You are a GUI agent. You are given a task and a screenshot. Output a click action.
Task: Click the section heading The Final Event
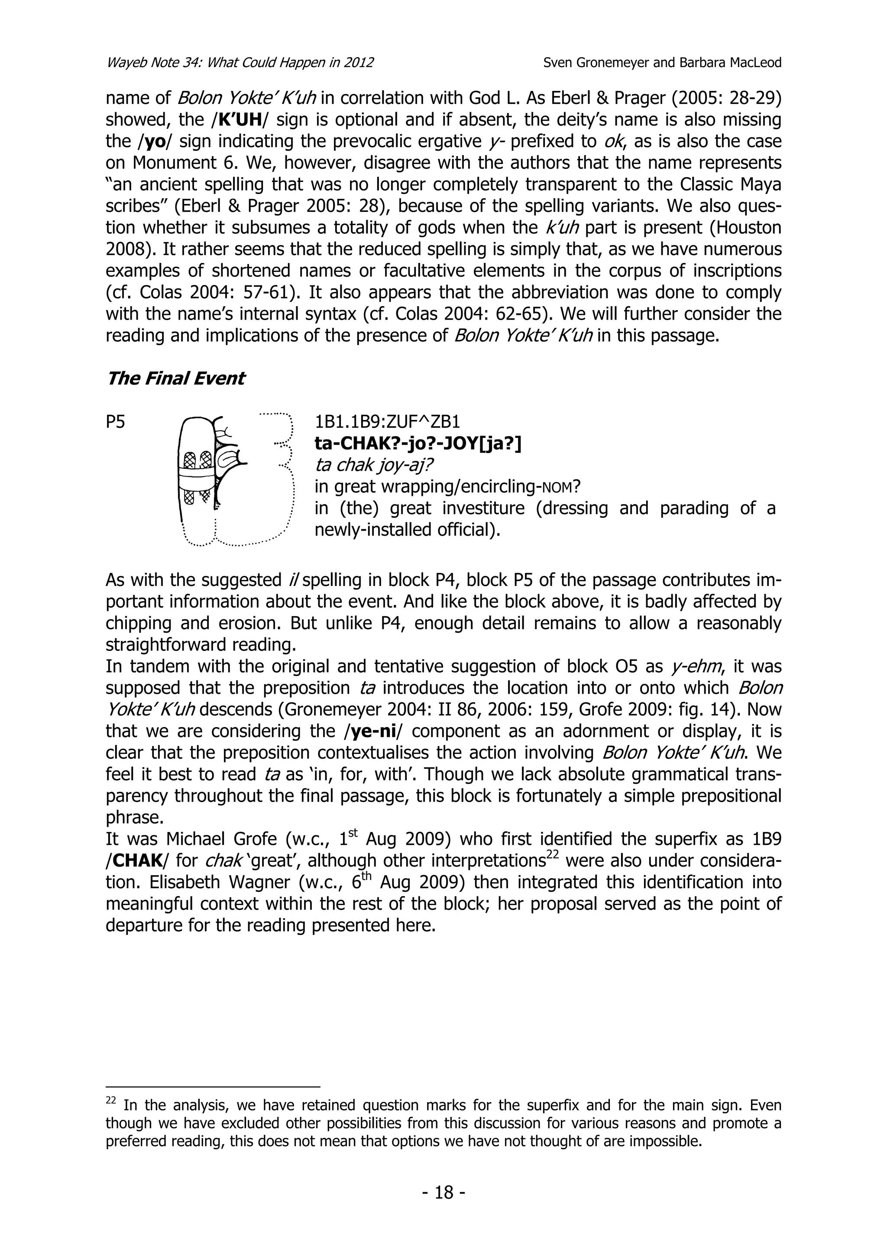[x=175, y=378]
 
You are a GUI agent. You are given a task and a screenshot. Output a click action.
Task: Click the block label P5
[x=115, y=422]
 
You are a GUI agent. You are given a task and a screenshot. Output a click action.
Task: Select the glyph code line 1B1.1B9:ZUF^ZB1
[x=388, y=422]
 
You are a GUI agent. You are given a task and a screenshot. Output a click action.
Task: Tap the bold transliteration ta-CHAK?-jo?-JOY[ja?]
[x=418, y=444]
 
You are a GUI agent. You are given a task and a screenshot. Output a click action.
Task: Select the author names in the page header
[x=662, y=62]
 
